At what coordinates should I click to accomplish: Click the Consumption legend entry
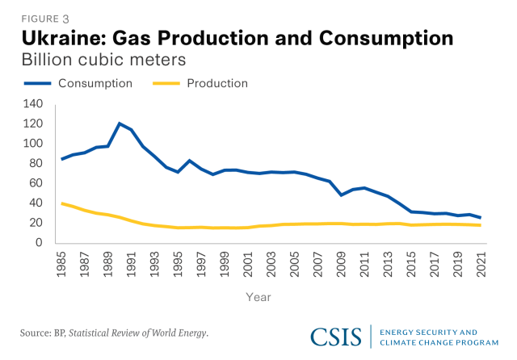pyautogui.click(x=105, y=83)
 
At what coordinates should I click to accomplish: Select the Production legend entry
pyautogui.click(x=216, y=83)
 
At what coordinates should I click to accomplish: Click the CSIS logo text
pyautogui.click(x=338, y=337)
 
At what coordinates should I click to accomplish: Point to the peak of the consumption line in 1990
pyautogui.click(x=120, y=123)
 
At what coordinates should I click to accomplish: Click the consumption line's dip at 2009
pyautogui.click(x=343, y=195)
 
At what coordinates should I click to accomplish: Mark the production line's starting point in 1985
pyautogui.click(x=62, y=203)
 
